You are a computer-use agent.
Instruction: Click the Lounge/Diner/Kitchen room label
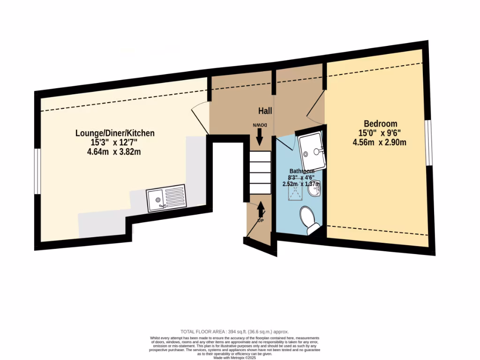(x=115, y=133)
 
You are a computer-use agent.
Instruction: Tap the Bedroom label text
(x=381, y=124)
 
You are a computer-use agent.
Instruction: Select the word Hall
(x=265, y=111)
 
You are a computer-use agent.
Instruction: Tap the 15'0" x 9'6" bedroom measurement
(x=380, y=133)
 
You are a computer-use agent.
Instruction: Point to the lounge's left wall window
(x=37, y=171)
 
